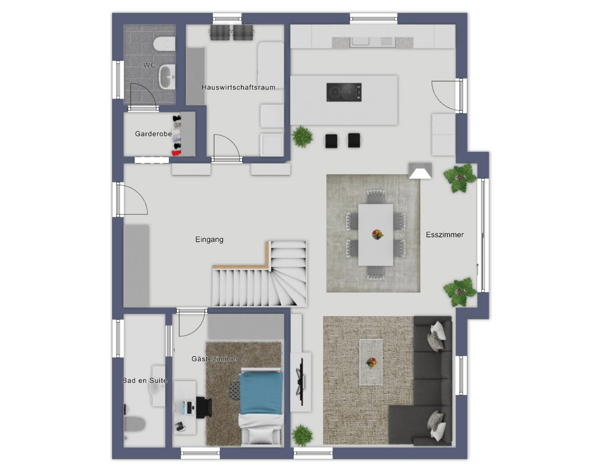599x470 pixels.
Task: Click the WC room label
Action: pyautogui.click(x=149, y=65)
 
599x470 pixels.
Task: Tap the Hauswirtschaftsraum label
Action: pyautogui.click(x=238, y=87)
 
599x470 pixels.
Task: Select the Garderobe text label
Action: pyautogui.click(x=153, y=134)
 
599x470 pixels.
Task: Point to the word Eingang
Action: pyautogui.click(x=209, y=240)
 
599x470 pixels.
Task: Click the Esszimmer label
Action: pyautogui.click(x=444, y=235)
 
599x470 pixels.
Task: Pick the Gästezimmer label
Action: pyautogui.click(x=215, y=359)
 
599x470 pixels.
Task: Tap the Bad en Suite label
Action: pyautogui.click(x=145, y=381)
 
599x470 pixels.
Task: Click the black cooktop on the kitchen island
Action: pyautogui.click(x=344, y=92)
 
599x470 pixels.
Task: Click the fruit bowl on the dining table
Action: pyautogui.click(x=378, y=234)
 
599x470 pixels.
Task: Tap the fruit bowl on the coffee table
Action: pyautogui.click(x=371, y=362)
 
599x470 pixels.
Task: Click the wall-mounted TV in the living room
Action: pyautogui.click(x=301, y=382)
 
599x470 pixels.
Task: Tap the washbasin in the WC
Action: pyautogui.click(x=167, y=77)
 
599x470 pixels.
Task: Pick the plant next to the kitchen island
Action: pyautogui.click(x=303, y=136)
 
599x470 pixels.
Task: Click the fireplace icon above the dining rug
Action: pyautogui.click(x=420, y=171)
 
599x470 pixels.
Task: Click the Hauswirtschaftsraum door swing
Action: pyautogui.click(x=227, y=147)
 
